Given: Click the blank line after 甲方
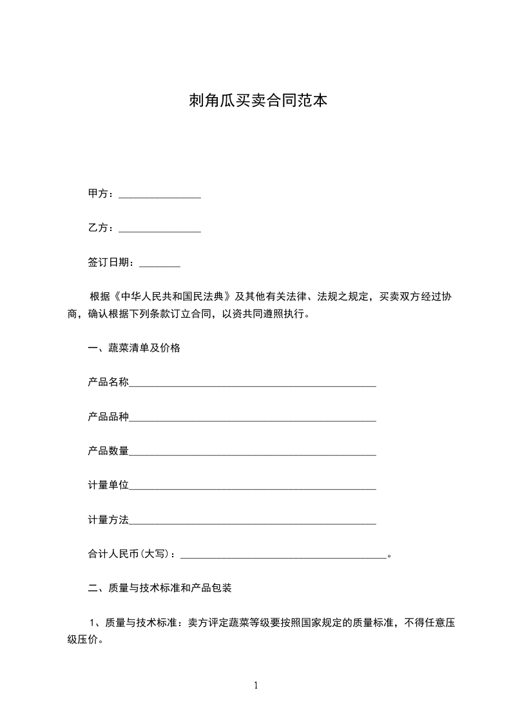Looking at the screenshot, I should coord(160,196).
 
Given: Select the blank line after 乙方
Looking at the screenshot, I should coord(160,230).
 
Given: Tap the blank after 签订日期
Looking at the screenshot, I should coord(159,264).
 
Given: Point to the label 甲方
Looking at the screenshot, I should coord(101,194).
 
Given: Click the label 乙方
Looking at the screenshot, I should coord(101,228).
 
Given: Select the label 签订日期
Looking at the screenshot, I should coord(111,263).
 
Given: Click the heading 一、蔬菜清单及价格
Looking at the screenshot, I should coord(134,349).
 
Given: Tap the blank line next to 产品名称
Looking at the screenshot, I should coord(253,385).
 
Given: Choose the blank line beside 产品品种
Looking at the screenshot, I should coord(253,420).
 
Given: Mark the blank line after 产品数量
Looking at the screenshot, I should coord(253,454).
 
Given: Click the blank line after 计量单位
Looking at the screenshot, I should coord(253,488).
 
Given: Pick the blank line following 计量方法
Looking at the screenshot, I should coord(253,523).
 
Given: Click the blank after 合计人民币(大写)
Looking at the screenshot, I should coord(285,557).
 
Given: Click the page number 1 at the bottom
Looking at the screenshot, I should coord(256,685).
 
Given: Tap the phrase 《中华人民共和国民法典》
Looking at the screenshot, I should coord(171,297).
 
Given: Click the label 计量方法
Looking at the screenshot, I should coord(108,520).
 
